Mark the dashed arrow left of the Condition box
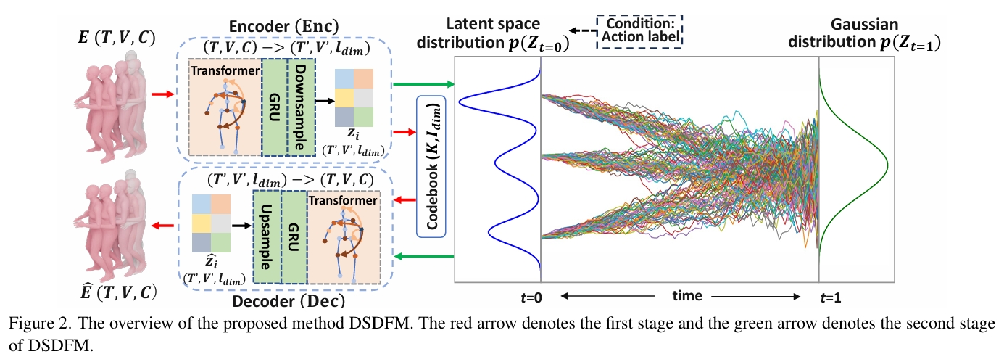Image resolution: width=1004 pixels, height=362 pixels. click(580, 31)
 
